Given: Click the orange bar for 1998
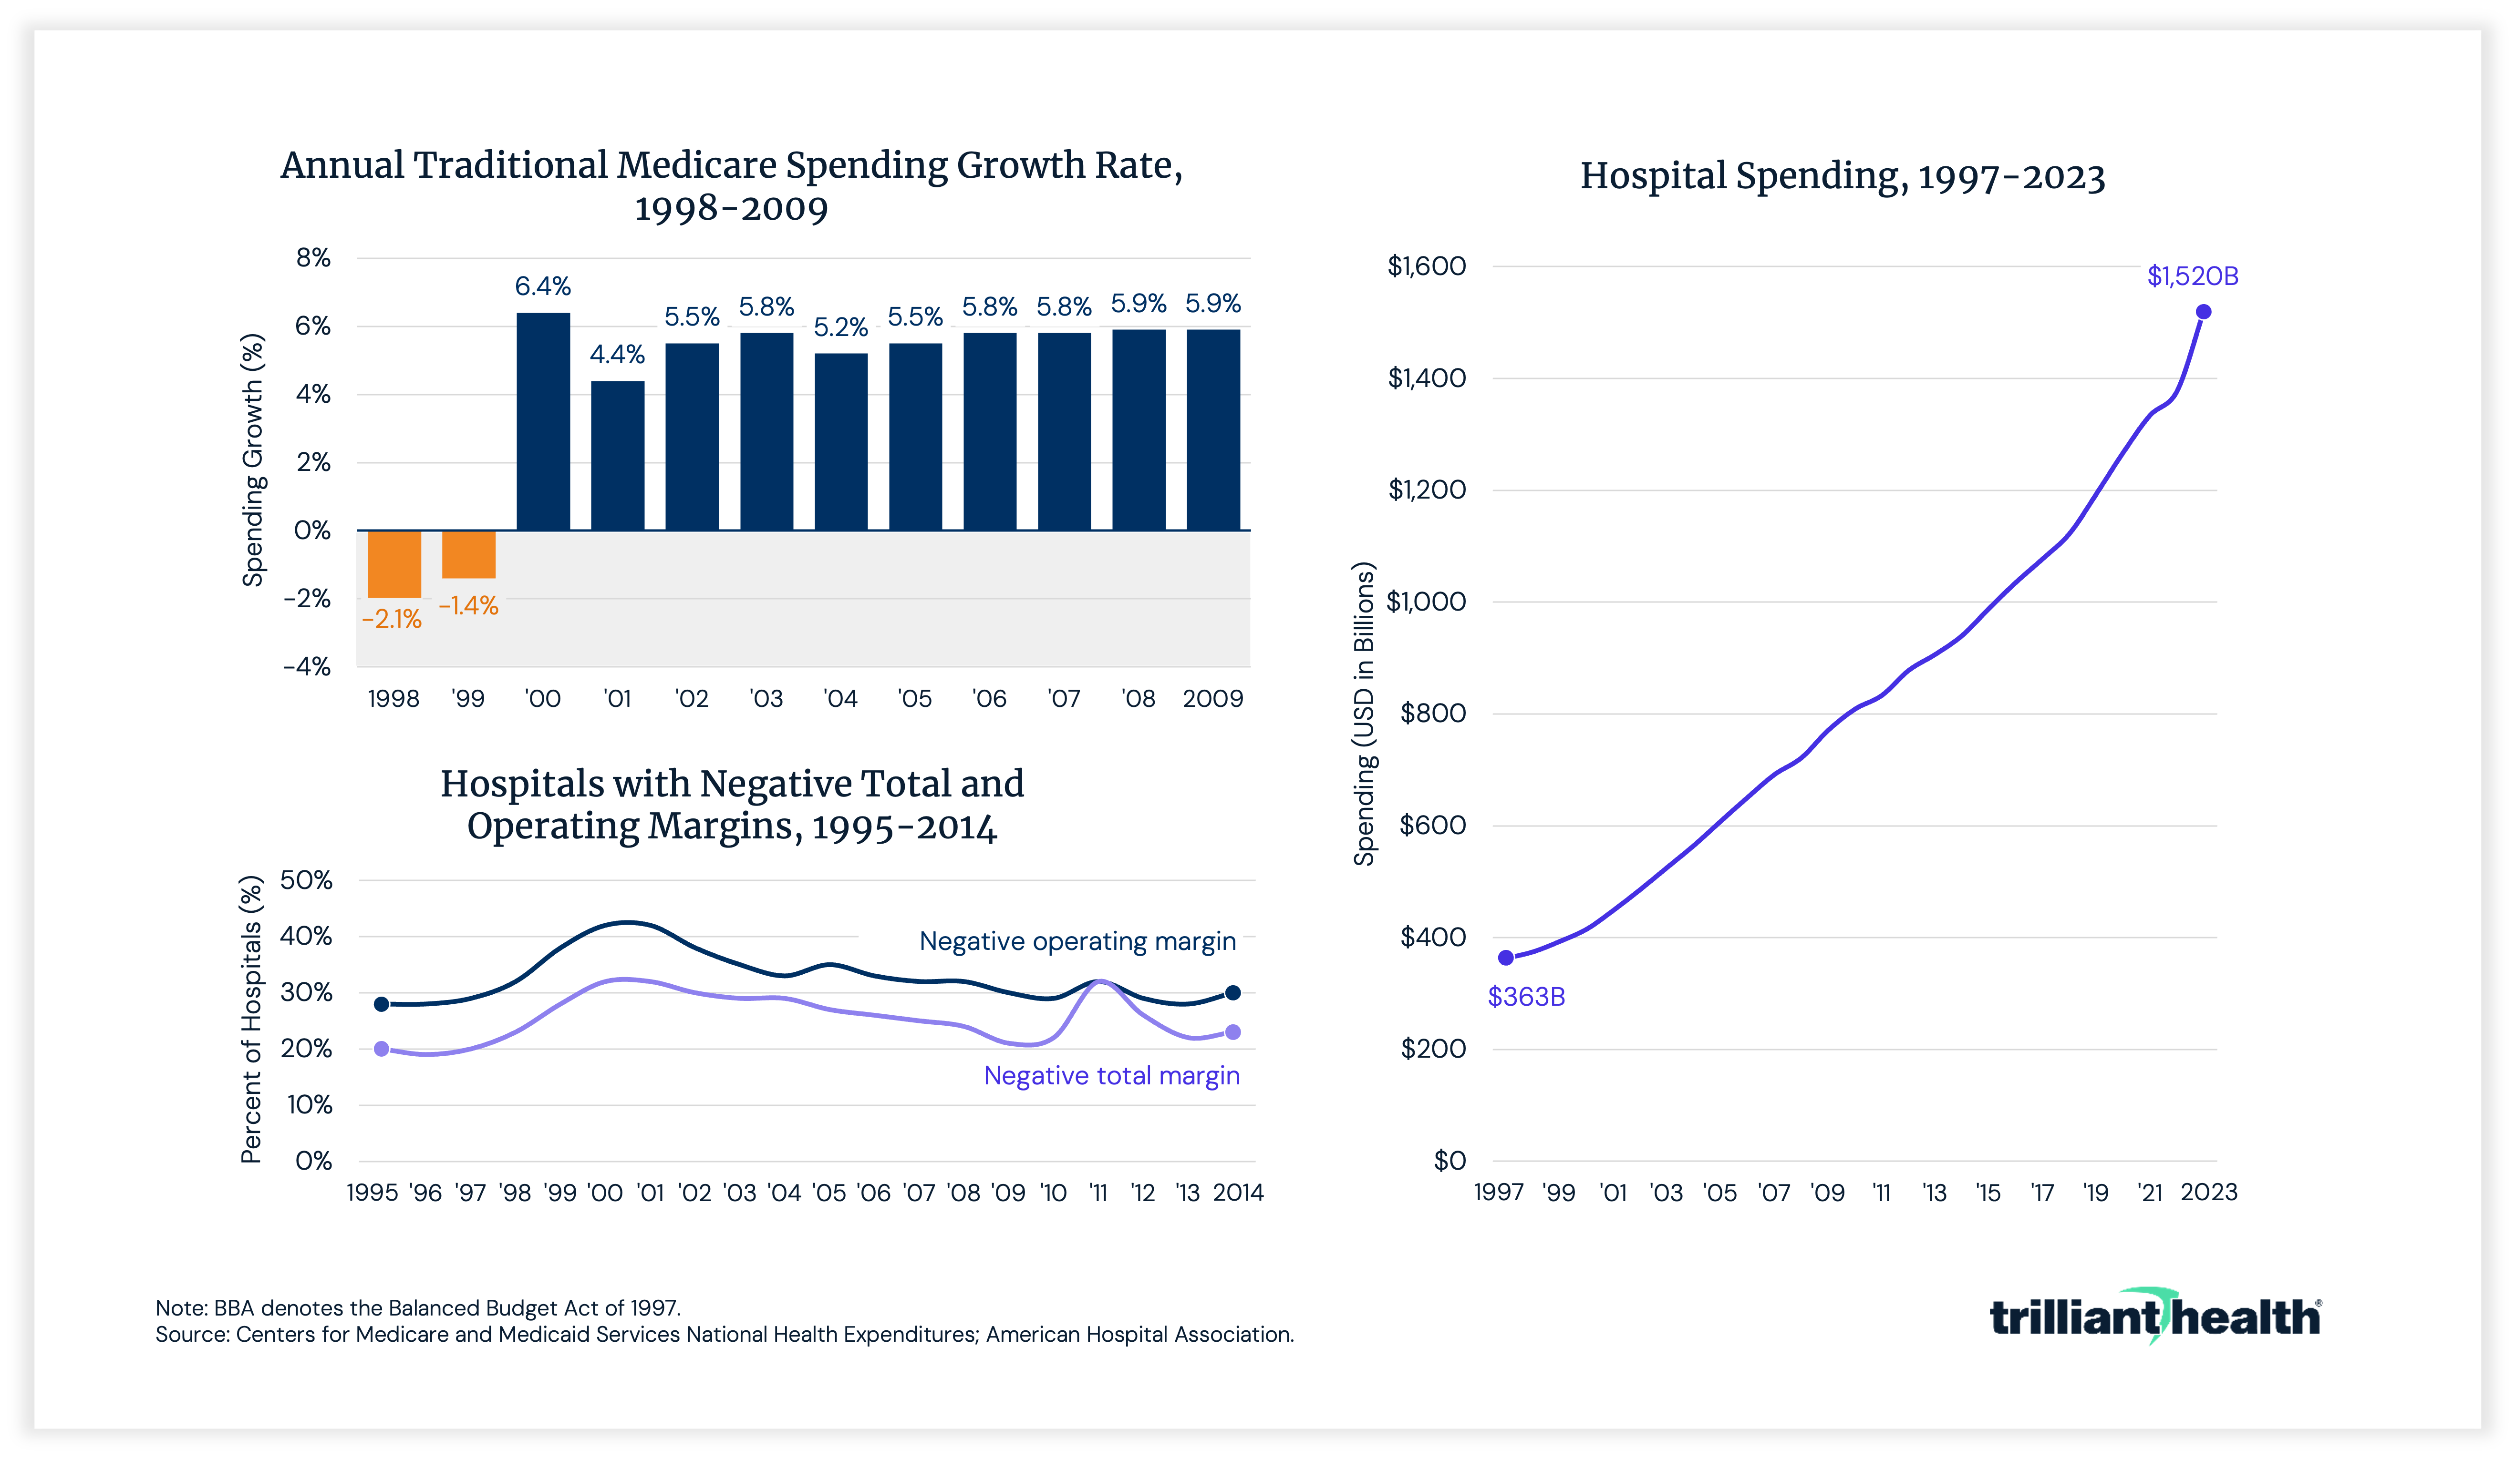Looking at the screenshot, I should click(394, 564).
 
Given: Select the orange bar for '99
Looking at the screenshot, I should click(468, 554).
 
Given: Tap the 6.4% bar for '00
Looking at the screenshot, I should click(543, 421).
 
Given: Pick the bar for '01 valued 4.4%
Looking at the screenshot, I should click(617, 455).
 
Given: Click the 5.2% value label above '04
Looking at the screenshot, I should click(841, 327).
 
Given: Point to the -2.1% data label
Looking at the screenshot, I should click(392, 620).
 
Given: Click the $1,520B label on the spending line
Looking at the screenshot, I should click(2193, 276).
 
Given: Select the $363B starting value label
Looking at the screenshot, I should click(1525, 997).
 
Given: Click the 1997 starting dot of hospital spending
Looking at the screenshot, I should click(1506, 958).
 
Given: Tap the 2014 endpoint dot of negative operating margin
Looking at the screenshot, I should click(1233, 993).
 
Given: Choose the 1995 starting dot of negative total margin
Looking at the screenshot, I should click(382, 1049).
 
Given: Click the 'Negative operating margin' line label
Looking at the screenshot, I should click(1077, 941).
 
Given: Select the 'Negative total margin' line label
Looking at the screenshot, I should click(1111, 1076).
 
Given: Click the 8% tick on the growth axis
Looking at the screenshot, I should click(312, 258).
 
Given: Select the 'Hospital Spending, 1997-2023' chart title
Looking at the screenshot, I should click(1842, 177).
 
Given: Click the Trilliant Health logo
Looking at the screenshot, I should click(2154, 1317).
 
